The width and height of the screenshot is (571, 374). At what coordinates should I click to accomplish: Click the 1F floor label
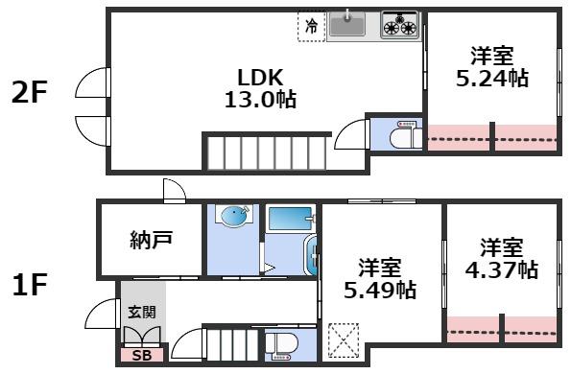(x=29, y=285)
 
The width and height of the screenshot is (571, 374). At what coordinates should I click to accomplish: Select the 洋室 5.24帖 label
(x=490, y=67)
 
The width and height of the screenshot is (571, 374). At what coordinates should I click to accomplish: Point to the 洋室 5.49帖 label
(x=380, y=276)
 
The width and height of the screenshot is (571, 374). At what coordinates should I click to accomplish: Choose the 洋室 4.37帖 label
(x=502, y=258)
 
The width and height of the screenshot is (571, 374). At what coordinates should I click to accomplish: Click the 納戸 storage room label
(x=151, y=240)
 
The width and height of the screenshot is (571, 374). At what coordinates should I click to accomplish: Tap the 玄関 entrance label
(x=141, y=312)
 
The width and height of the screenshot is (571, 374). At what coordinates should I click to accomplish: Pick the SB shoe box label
(x=141, y=357)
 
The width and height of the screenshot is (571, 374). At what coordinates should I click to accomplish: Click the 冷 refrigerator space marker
(x=311, y=27)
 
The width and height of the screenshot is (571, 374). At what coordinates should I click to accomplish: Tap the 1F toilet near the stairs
(x=284, y=345)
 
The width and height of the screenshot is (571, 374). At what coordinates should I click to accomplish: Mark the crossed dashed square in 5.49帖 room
(x=341, y=340)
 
